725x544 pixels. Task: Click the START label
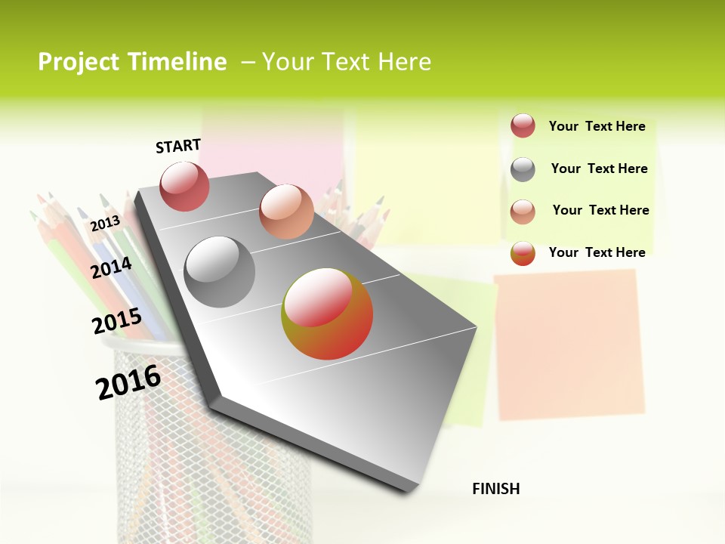tap(178, 146)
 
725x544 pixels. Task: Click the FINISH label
tap(496, 489)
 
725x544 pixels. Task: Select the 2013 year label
tap(105, 223)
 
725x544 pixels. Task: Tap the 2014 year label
tap(112, 267)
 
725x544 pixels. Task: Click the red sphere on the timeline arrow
tap(185, 186)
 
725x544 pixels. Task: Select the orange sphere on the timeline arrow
tap(286, 211)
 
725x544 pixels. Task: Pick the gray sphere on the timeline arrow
tap(220, 272)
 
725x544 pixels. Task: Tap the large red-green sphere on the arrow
tap(327, 314)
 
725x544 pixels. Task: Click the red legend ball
tap(523, 126)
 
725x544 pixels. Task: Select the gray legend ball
tap(523, 169)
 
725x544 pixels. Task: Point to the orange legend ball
tap(523, 212)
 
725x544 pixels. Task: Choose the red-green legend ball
tap(523, 253)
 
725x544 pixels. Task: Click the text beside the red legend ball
tap(597, 126)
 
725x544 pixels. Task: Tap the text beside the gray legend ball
tap(599, 168)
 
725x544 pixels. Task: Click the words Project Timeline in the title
tap(132, 62)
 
